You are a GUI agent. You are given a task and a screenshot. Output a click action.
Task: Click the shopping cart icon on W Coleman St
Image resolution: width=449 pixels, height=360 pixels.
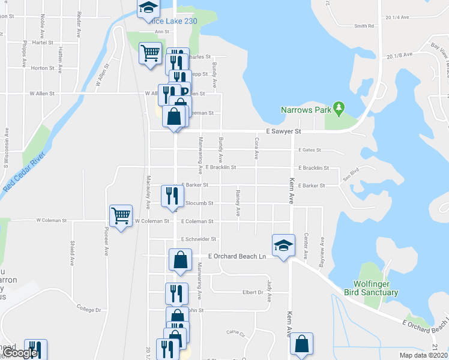click(x=121, y=216)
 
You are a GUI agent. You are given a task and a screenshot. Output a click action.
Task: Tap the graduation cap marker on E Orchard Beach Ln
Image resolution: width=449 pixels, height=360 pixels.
click(x=283, y=245)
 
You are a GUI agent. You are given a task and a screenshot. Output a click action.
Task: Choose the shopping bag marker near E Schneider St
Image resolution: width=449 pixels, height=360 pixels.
click(x=180, y=259)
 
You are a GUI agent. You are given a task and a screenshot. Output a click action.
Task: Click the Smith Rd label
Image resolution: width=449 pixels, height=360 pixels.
click(x=364, y=26)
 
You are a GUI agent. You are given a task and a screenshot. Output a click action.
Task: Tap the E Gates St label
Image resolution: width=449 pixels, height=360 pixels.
click(x=309, y=150)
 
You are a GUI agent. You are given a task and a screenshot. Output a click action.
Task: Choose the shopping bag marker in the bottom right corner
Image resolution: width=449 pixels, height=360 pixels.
click(x=302, y=344)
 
